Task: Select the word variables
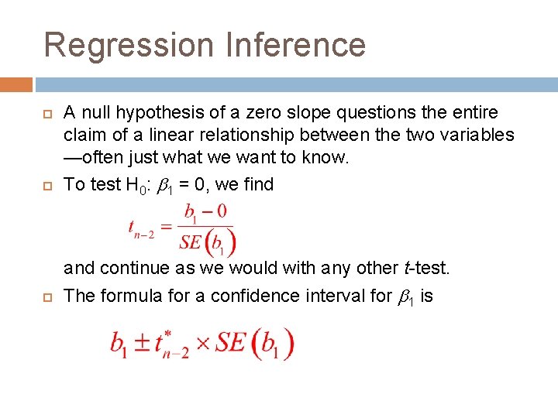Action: (x=480, y=135)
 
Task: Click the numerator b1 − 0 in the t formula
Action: (x=205, y=212)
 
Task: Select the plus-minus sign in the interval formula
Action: (x=142, y=343)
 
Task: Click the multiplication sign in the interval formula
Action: (x=203, y=343)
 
